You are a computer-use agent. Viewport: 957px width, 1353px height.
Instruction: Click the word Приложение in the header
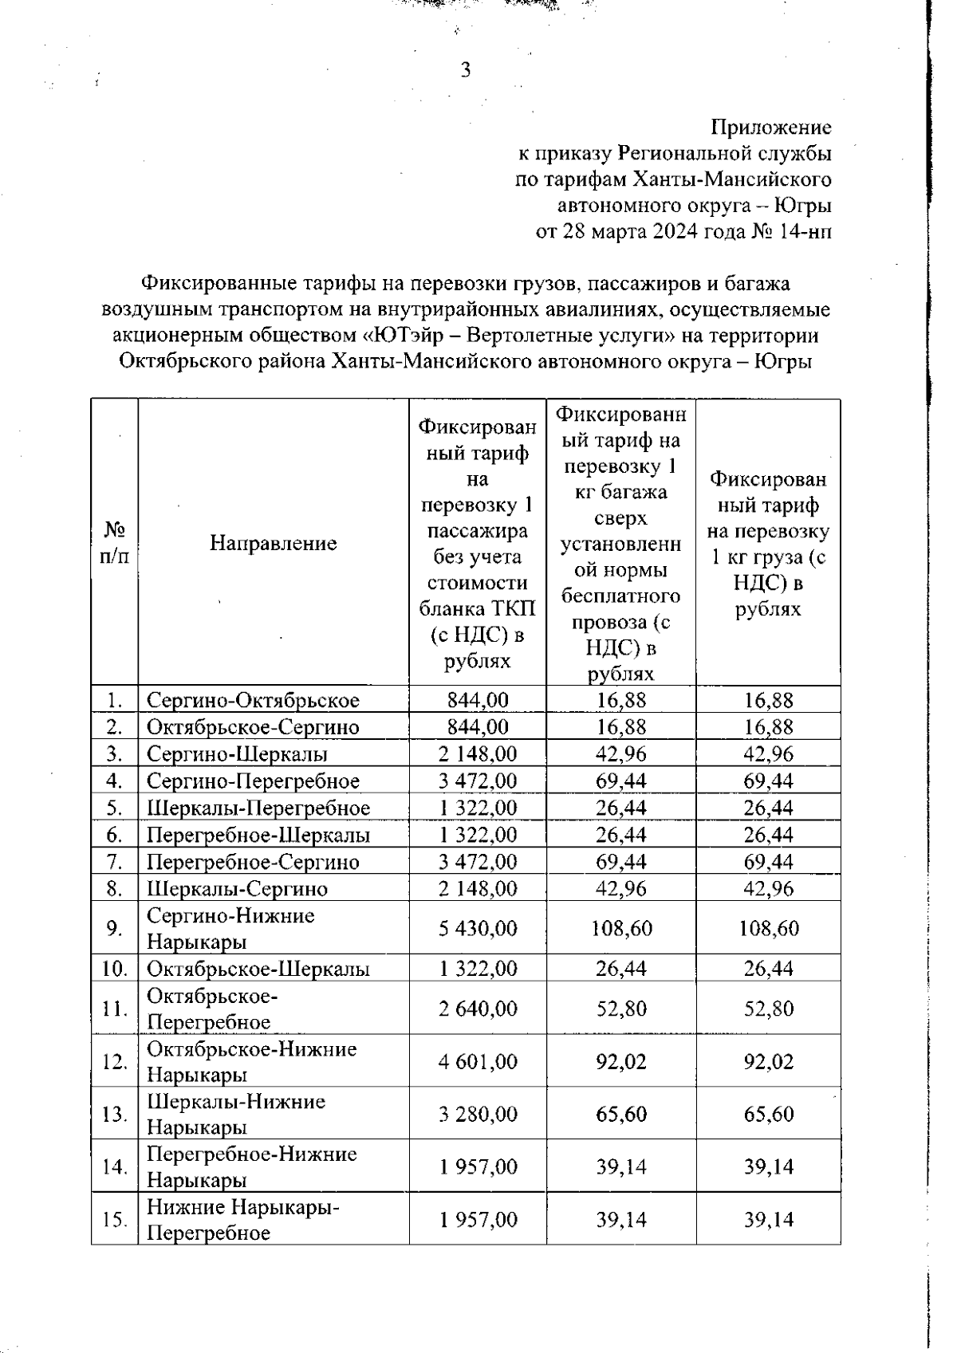pos(770,128)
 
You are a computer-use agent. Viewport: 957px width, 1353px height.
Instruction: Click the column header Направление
pos(274,543)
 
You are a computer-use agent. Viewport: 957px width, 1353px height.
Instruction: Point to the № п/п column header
pos(115,543)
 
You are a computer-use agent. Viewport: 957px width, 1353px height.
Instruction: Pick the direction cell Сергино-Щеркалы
pos(237,753)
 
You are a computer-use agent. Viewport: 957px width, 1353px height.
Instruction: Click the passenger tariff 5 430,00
pos(478,928)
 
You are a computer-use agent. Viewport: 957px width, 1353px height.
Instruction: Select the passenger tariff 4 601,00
pos(478,1061)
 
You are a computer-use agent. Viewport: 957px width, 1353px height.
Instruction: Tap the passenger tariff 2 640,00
pos(478,1009)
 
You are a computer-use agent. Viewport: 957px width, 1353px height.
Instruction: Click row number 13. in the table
pos(116,1114)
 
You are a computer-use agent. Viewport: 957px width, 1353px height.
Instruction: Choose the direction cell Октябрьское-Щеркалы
pos(258,969)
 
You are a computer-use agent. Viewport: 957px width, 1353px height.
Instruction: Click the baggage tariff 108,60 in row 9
pos(621,928)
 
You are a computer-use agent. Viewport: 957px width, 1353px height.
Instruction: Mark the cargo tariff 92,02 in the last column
pos(769,1061)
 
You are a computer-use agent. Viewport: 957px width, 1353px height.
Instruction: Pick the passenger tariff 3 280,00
pos(478,1114)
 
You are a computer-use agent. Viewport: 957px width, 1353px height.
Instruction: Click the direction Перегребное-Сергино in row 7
pos(253,862)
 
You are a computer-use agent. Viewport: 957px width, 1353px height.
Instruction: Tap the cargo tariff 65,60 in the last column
pos(769,1114)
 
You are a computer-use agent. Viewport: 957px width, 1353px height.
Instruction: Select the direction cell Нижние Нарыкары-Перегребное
pos(242,1220)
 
